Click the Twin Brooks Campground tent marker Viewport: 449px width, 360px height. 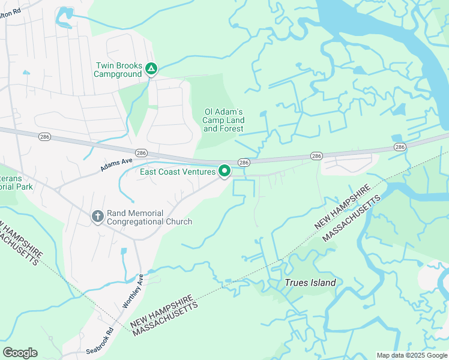(x=152, y=70)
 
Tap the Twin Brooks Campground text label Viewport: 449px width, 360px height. (x=118, y=70)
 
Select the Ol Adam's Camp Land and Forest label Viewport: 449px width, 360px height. (x=223, y=120)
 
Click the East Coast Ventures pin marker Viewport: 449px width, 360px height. (x=224, y=171)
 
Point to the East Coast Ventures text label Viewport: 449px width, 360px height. (x=178, y=172)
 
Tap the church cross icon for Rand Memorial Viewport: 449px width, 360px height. (x=98, y=216)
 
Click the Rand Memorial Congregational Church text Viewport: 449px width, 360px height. (x=149, y=217)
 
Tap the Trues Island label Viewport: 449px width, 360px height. (x=310, y=283)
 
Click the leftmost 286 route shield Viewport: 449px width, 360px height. (x=44, y=137)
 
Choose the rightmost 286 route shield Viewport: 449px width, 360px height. (x=399, y=146)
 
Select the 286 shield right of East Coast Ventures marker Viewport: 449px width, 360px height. (x=243, y=163)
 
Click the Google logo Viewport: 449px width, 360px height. (x=20, y=353)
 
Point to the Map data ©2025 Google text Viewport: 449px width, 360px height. (x=411, y=355)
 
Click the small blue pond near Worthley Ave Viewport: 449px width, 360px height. (x=124, y=252)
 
